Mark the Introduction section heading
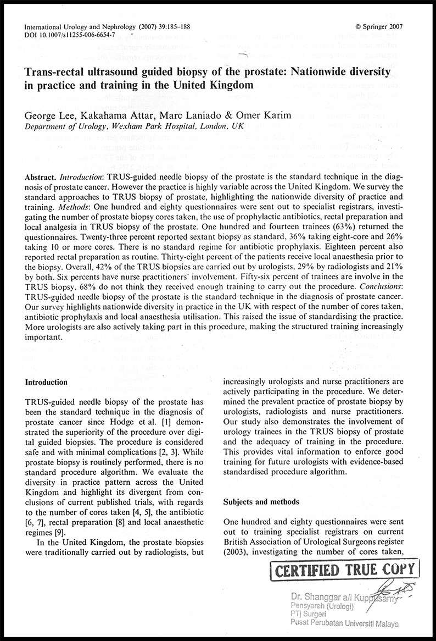click(47, 382)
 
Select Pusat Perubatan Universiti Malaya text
click(345, 624)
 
